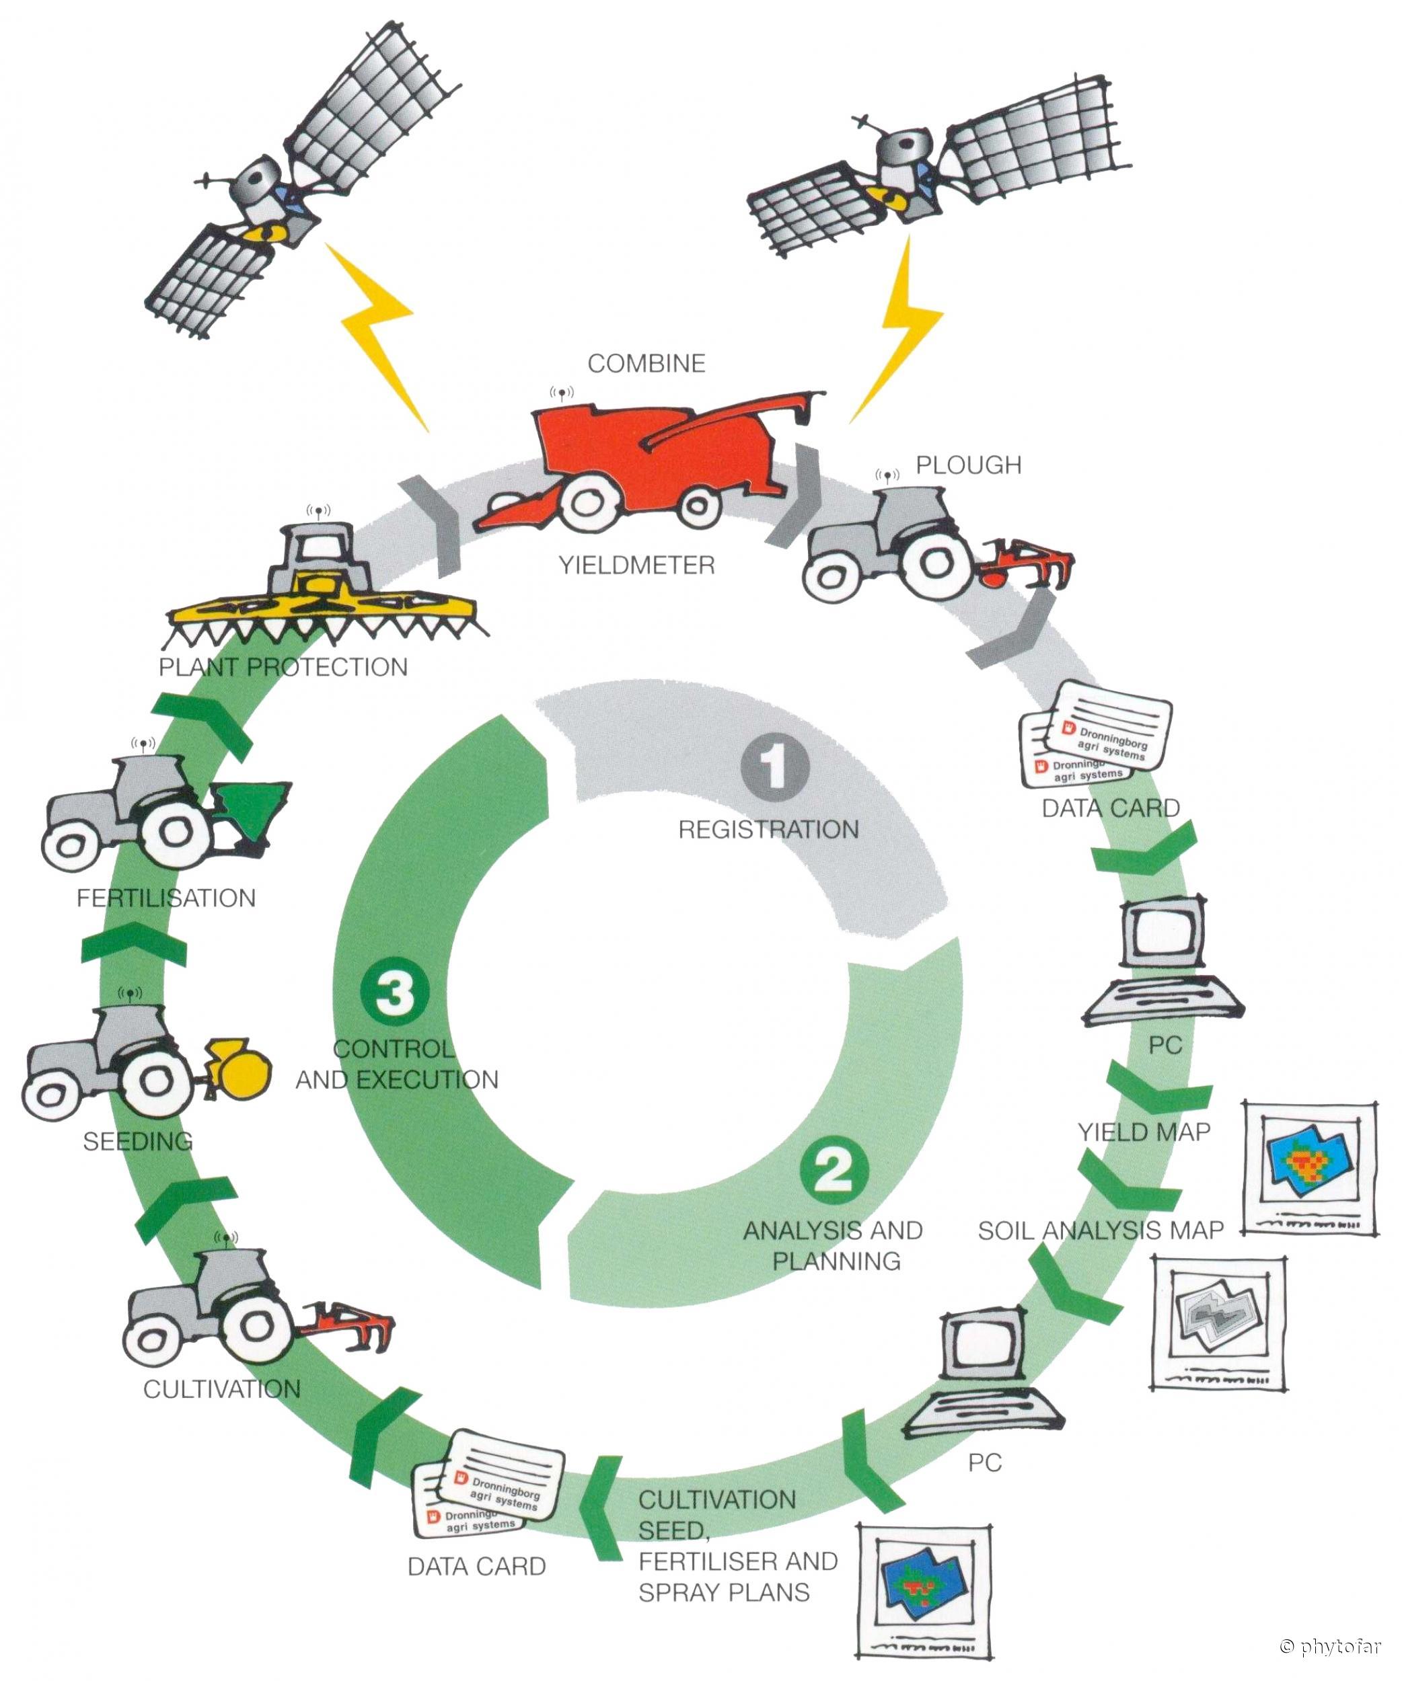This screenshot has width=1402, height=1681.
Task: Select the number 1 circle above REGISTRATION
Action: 774,766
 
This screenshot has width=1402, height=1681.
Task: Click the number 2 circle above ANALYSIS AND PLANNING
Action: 834,1169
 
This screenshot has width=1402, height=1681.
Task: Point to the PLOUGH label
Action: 968,465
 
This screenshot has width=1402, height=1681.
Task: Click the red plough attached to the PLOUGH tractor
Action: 1029,563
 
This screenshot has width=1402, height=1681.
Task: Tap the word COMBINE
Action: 646,363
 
